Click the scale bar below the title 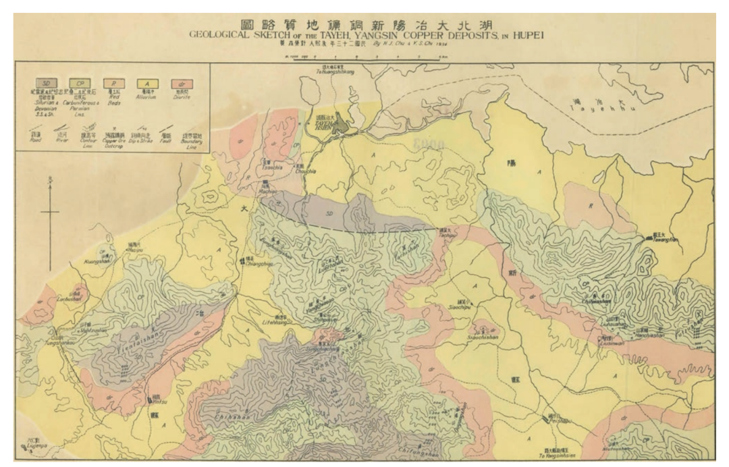[364, 59]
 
